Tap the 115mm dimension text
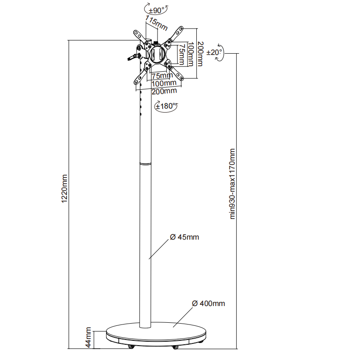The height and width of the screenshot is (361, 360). pos(156,23)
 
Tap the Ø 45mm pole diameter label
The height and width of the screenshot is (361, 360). pos(184,237)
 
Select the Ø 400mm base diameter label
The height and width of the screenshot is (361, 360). pos(208,303)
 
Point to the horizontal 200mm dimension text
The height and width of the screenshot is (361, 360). pos(164,91)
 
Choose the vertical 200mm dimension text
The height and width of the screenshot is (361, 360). pos(200,54)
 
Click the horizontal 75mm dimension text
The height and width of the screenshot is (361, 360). pos(161,76)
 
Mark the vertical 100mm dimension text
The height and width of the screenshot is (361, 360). pos(191,54)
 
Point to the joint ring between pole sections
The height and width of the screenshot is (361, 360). pos(145,164)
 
